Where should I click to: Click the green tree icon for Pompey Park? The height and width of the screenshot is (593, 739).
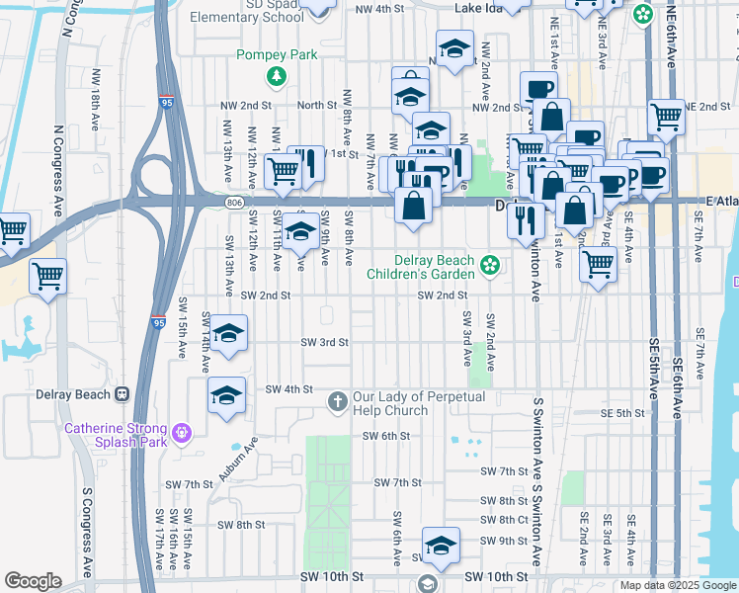click(x=278, y=76)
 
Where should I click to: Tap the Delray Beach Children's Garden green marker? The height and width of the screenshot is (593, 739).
click(x=489, y=264)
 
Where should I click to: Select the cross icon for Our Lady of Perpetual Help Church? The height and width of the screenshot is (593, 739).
click(x=337, y=401)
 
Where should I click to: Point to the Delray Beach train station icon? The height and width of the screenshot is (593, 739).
click(x=123, y=394)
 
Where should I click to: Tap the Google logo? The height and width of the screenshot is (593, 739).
click(x=33, y=581)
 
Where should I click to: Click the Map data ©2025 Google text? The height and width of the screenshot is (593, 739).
click(x=677, y=585)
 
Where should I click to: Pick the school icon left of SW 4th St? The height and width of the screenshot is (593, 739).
click(x=227, y=396)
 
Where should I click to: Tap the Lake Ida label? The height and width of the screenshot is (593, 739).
click(x=479, y=8)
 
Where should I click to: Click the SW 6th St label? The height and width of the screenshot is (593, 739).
click(x=385, y=436)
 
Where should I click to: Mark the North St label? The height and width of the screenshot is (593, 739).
click(x=317, y=105)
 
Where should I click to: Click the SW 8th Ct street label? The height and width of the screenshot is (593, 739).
click(x=505, y=520)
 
